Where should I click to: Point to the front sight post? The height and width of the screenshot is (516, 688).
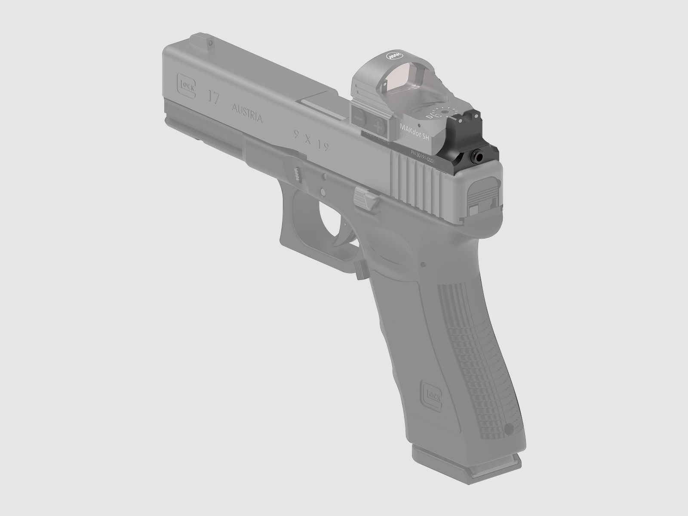(210, 43)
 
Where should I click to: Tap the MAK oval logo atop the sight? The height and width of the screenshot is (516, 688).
(392, 56)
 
